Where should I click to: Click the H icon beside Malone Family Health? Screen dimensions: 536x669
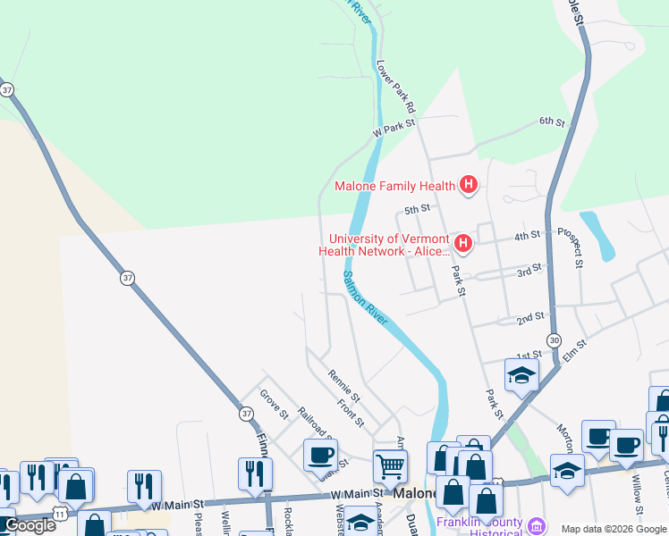(x=468, y=186)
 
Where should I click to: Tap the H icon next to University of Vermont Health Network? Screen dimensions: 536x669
(x=462, y=243)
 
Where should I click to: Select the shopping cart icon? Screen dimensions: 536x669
(x=390, y=465)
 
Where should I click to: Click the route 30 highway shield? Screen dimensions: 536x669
(x=555, y=339)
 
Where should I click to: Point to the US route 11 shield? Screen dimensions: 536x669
(x=59, y=515)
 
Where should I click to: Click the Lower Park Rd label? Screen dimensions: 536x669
(x=397, y=87)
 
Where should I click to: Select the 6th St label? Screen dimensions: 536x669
(x=552, y=121)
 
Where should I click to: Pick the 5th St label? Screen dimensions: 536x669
(x=417, y=209)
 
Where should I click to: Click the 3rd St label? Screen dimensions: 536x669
(x=529, y=268)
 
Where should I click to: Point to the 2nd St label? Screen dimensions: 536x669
(x=530, y=318)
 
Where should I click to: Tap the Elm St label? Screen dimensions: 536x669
(x=574, y=349)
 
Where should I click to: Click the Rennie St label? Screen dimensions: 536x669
(x=343, y=385)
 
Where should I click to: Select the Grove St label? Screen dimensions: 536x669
(x=274, y=404)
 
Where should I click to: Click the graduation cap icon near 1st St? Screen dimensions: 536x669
(x=521, y=375)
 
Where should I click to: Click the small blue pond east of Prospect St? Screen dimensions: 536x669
(x=597, y=234)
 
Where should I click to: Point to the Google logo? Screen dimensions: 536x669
(x=29, y=524)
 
